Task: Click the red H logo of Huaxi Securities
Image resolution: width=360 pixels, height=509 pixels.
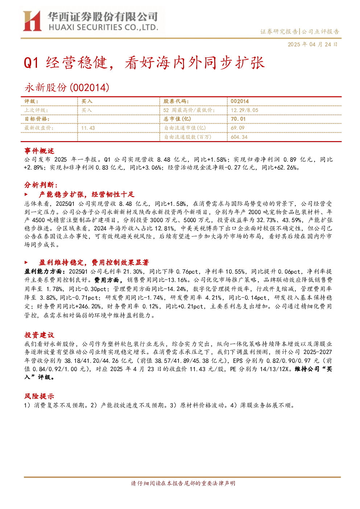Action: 32,21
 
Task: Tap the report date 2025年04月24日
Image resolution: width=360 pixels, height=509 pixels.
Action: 313,45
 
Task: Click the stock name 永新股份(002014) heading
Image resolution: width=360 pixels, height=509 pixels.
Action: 67,87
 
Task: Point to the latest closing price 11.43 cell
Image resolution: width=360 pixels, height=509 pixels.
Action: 88,128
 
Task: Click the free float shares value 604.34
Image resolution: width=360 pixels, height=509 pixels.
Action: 239,137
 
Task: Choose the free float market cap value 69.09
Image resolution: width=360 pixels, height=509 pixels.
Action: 237,128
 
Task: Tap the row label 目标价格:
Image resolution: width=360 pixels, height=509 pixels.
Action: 37,119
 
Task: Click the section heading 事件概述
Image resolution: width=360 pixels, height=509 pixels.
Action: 39,151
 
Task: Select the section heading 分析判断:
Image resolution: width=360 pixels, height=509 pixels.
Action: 41,185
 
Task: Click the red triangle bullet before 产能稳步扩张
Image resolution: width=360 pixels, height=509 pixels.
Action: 26,195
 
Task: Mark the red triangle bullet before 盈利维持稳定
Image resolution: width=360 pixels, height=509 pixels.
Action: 26,263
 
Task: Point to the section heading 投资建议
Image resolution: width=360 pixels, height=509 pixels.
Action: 39,335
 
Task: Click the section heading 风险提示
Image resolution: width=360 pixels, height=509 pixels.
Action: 39,396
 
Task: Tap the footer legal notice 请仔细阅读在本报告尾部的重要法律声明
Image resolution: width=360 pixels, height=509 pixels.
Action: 183,483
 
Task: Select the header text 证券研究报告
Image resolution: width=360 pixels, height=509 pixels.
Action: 279,32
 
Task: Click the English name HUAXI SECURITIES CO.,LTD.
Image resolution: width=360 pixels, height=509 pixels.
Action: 103,27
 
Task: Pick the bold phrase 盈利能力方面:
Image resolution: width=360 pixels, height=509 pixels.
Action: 45,272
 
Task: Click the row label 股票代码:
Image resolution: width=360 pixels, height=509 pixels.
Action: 176,102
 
